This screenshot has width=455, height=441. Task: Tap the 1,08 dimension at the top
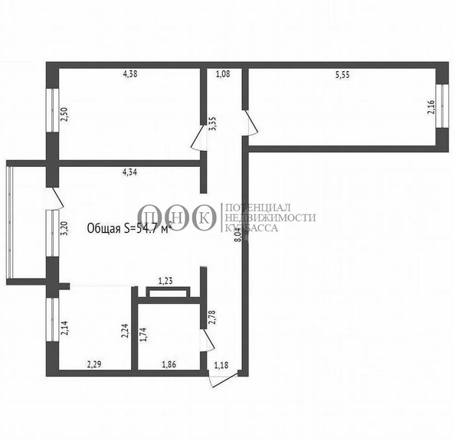point(223,74)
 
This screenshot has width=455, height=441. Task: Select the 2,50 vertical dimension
point(64,116)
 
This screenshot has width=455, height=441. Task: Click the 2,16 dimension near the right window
point(430,107)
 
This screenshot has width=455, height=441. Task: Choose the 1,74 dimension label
point(146,333)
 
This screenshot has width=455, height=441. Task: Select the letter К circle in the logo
point(204,218)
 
